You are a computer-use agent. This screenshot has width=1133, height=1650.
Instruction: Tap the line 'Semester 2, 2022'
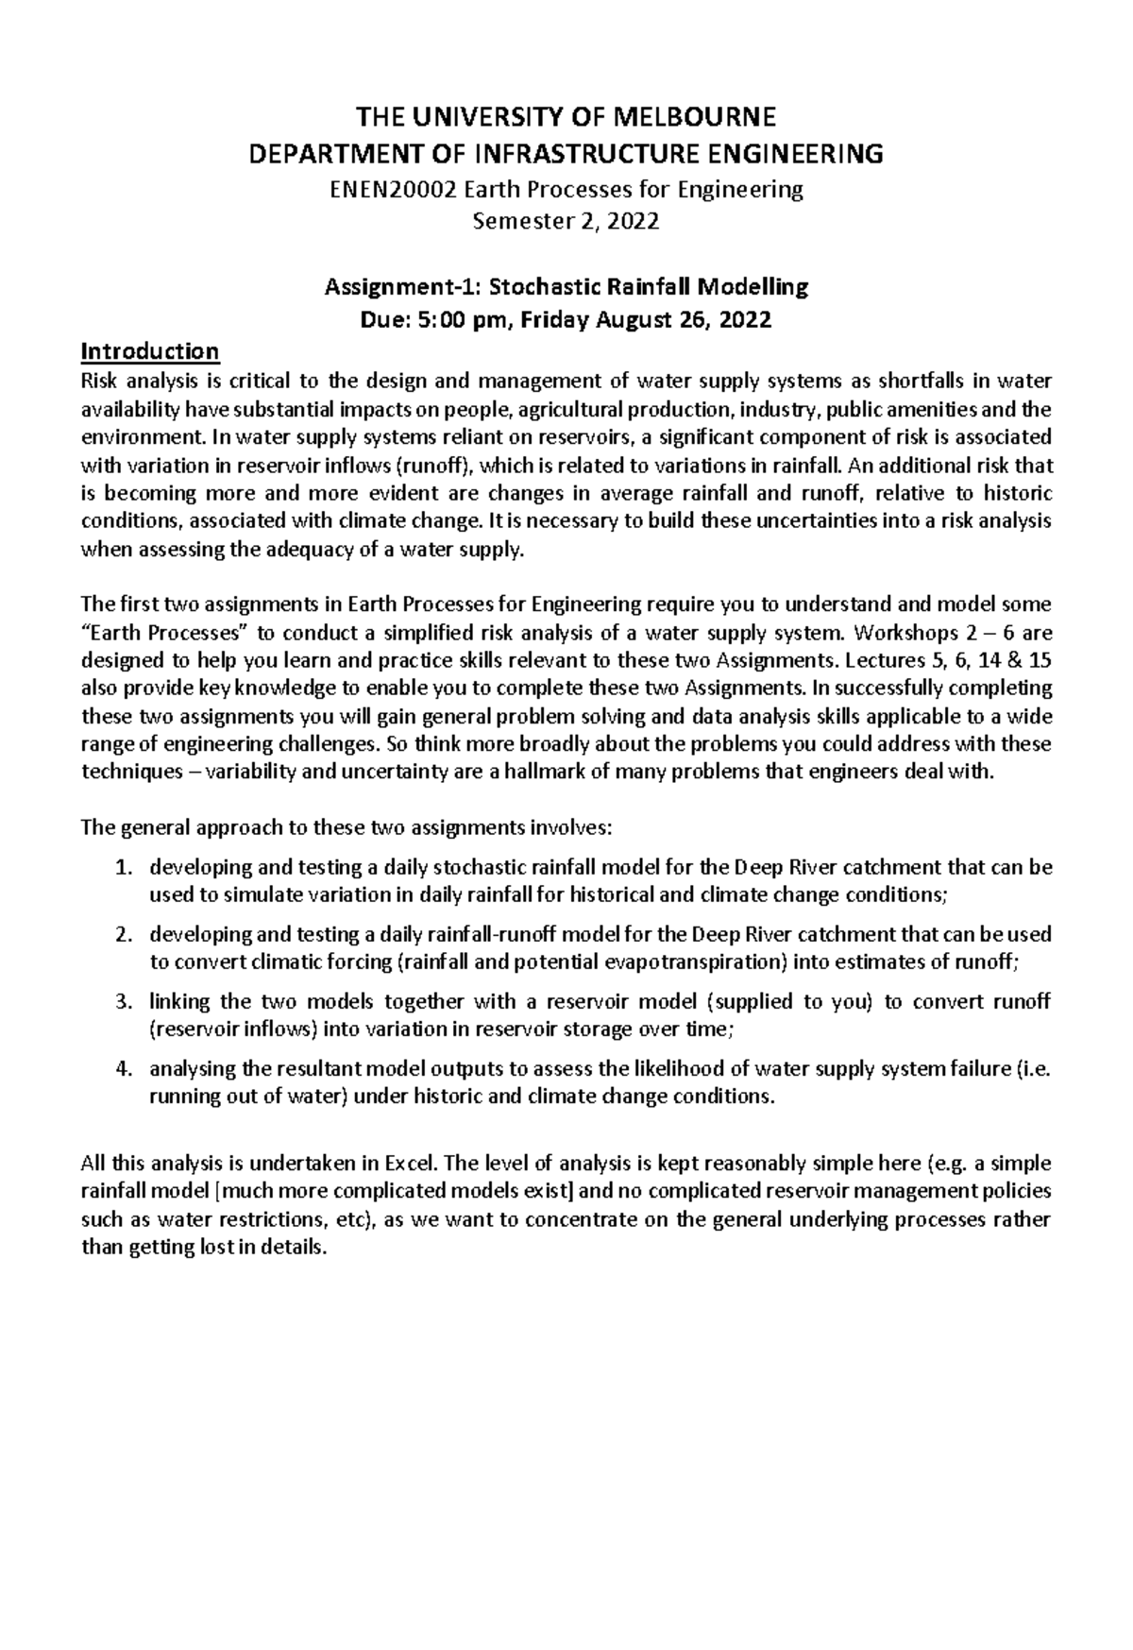tap(566, 222)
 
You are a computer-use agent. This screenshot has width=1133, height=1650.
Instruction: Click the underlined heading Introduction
tap(151, 351)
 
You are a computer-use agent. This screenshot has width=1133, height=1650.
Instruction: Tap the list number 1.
tap(121, 867)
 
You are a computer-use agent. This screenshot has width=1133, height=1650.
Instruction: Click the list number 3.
tap(121, 1001)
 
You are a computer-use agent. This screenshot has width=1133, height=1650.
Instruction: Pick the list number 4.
tap(121, 1068)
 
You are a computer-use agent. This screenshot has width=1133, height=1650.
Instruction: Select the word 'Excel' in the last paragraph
tap(411, 1163)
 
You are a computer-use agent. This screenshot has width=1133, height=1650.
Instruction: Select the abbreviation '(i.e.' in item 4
tap(1032, 1068)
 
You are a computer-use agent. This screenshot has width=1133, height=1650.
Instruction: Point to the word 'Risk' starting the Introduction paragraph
tap(100, 382)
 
